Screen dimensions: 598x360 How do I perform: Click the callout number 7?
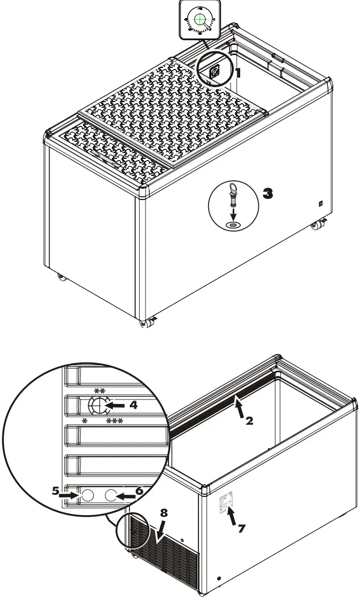(x=241, y=528)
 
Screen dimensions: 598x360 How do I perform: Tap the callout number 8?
(x=164, y=512)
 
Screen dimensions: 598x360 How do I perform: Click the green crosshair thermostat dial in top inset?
(x=201, y=19)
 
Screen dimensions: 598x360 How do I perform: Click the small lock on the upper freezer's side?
(x=319, y=203)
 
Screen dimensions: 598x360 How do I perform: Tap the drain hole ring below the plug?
(x=233, y=225)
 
